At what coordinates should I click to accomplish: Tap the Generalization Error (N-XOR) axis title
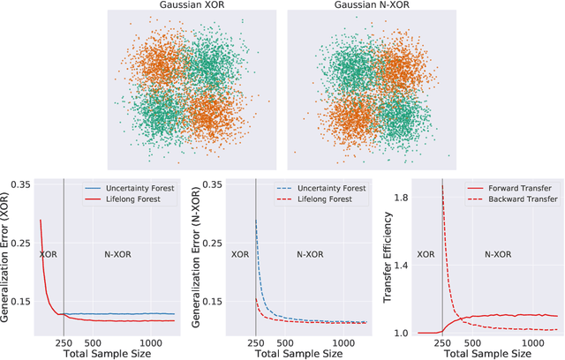click(198, 259)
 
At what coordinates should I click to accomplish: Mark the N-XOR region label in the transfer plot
click(498, 253)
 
